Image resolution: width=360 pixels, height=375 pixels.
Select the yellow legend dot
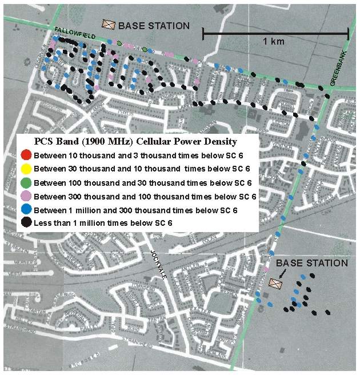point(25,169)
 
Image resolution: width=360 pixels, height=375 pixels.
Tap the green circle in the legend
point(25,183)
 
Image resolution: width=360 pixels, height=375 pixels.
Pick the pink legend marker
point(25,197)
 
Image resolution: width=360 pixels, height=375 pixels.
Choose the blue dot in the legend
point(25,210)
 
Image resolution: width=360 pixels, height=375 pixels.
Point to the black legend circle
point(25,224)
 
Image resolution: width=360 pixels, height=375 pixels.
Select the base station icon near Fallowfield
point(109,25)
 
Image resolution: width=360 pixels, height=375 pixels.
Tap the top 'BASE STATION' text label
point(153,25)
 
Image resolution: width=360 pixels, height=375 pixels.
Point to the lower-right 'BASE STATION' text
point(311,263)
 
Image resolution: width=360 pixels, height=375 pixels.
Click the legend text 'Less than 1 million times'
point(86,224)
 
